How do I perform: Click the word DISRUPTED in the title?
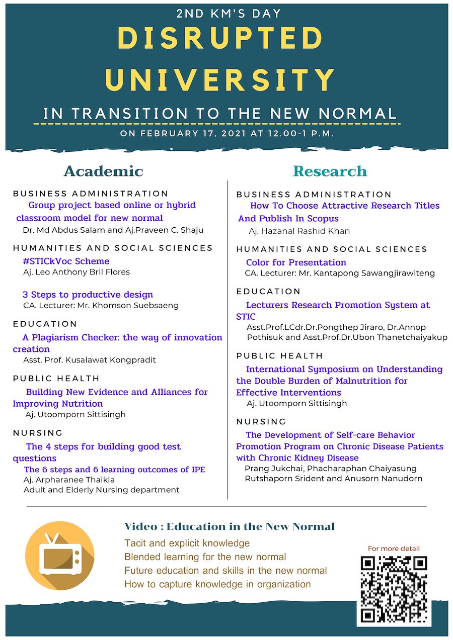[221, 39]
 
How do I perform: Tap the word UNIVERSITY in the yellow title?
[221, 80]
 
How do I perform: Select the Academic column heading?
[103, 171]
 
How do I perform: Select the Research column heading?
[330, 171]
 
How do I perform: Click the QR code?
[394, 589]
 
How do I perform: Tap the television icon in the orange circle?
[59, 556]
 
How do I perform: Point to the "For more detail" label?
[394, 548]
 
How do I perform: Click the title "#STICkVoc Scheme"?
[66, 261]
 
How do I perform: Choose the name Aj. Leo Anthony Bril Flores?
[77, 272]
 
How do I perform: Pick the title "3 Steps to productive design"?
[88, 295]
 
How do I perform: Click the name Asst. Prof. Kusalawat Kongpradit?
[90, 360]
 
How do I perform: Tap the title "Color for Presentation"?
[296, 262]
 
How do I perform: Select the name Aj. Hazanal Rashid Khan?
[299, 231]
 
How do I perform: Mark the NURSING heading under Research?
[261, 421]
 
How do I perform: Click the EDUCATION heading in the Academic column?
[45, 324]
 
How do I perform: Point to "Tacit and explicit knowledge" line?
[187, 543]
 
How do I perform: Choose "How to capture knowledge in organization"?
[217, 584]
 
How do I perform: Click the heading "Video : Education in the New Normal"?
[230, 527]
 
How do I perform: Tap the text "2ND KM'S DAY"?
[229, 14]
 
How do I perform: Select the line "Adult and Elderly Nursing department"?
[102, 490]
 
